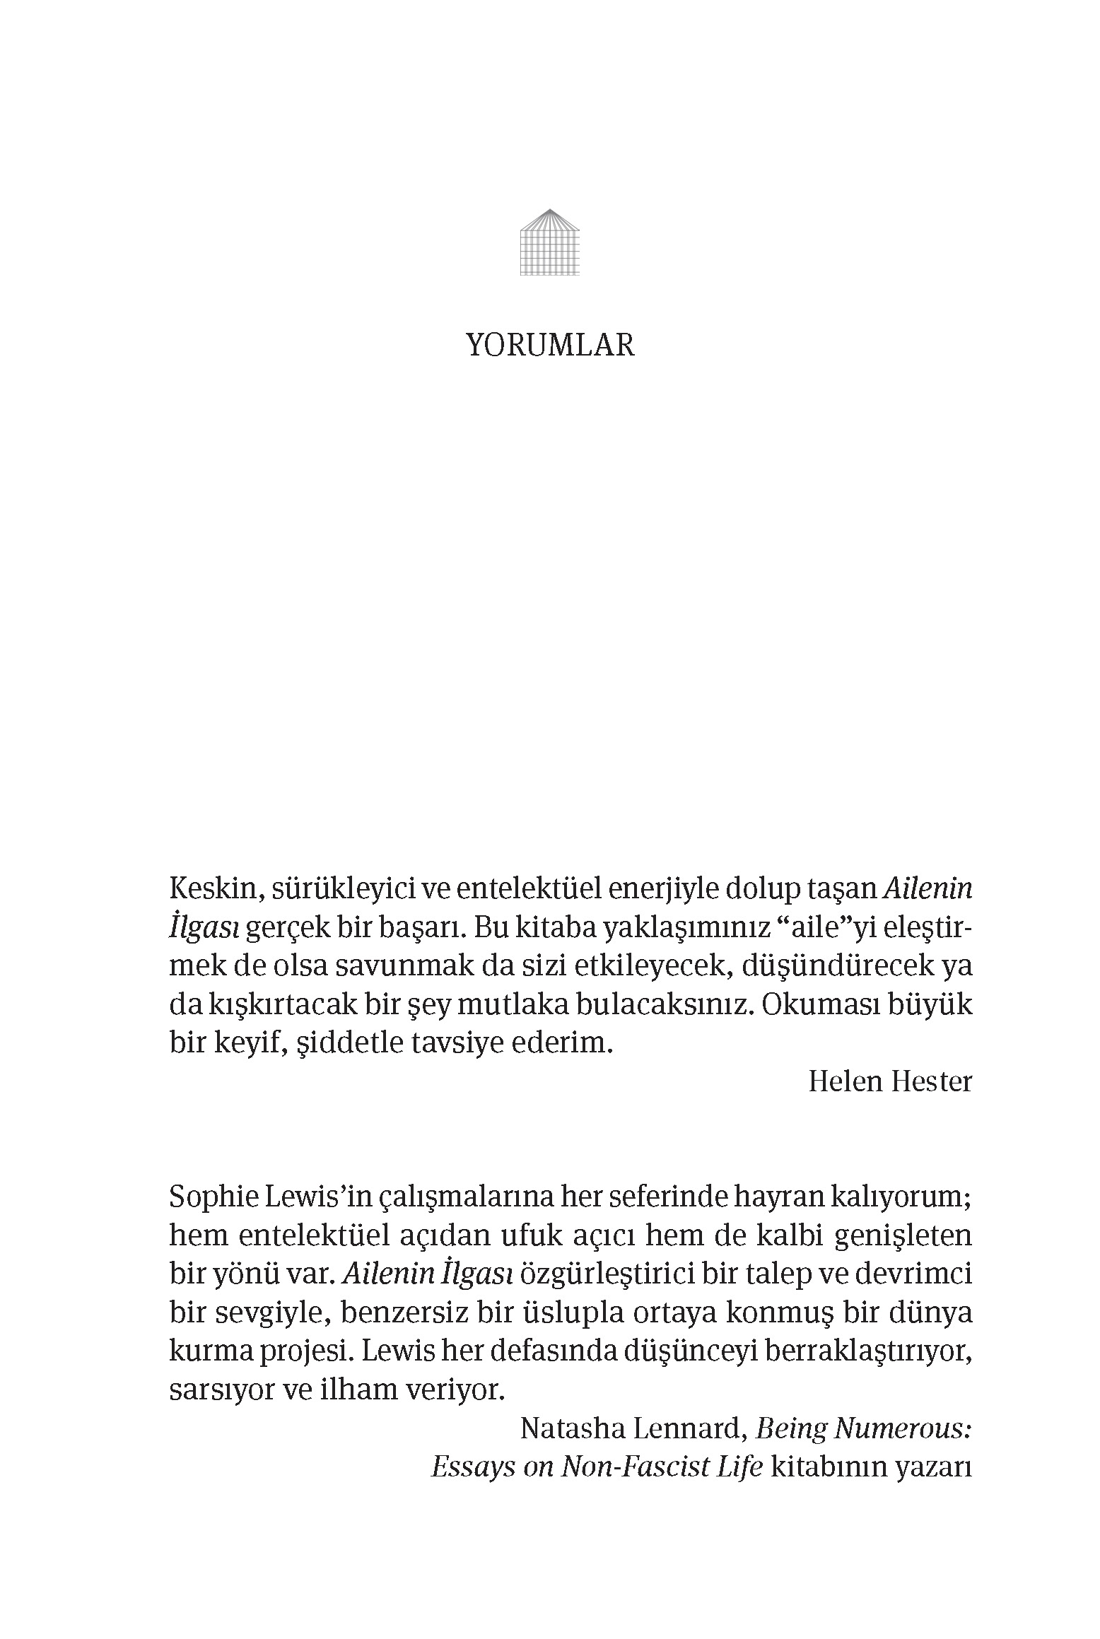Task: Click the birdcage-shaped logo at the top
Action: [x=549, y=242]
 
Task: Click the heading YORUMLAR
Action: [x=550, y=346]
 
